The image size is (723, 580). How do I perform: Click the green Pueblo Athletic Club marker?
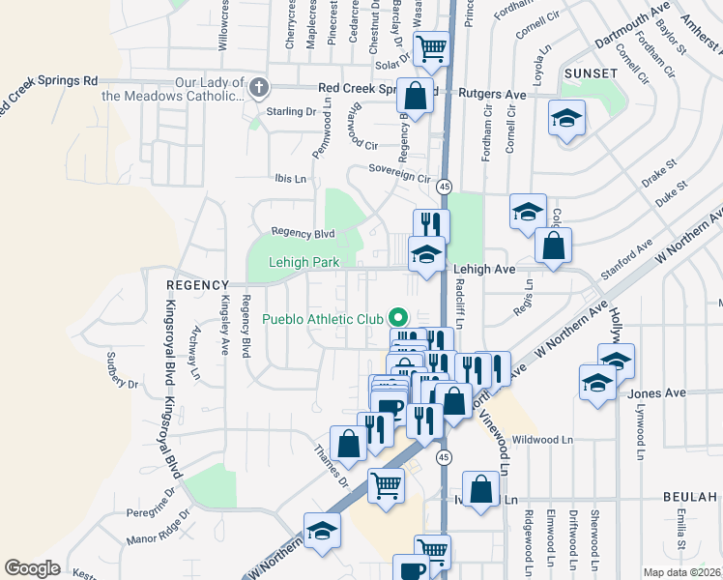(x=396, y=317)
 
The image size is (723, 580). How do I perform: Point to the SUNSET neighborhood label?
(x=593, y=73)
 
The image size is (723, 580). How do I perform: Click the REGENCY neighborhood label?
(x=195, y=285)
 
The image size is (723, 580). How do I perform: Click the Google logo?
(x=32, y=568)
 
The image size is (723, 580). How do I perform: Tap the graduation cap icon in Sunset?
(x=567, y=119)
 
